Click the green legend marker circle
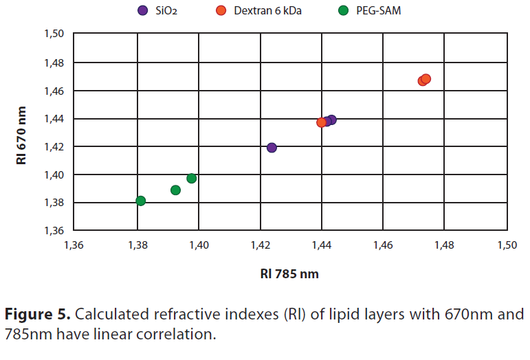pyautogui.click(x=344, y=10)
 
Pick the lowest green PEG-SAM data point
pyautogui.click(x=141, y=201)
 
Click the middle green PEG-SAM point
pyautogui.click(x=175, y=190)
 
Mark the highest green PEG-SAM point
pyautogui.click(x=192, y=179)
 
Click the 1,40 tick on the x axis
pyautogui.click(x=199, y=245)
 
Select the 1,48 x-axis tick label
pyautogui.click(x=445, y=245)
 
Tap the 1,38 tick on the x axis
pyautogui.click(x=137, y=245)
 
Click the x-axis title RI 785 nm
pyautogui.click(x=289, y=273)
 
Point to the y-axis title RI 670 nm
pyautogui.click(x=23, y=132)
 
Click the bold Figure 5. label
pyautogui.click(x=38, y=315)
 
